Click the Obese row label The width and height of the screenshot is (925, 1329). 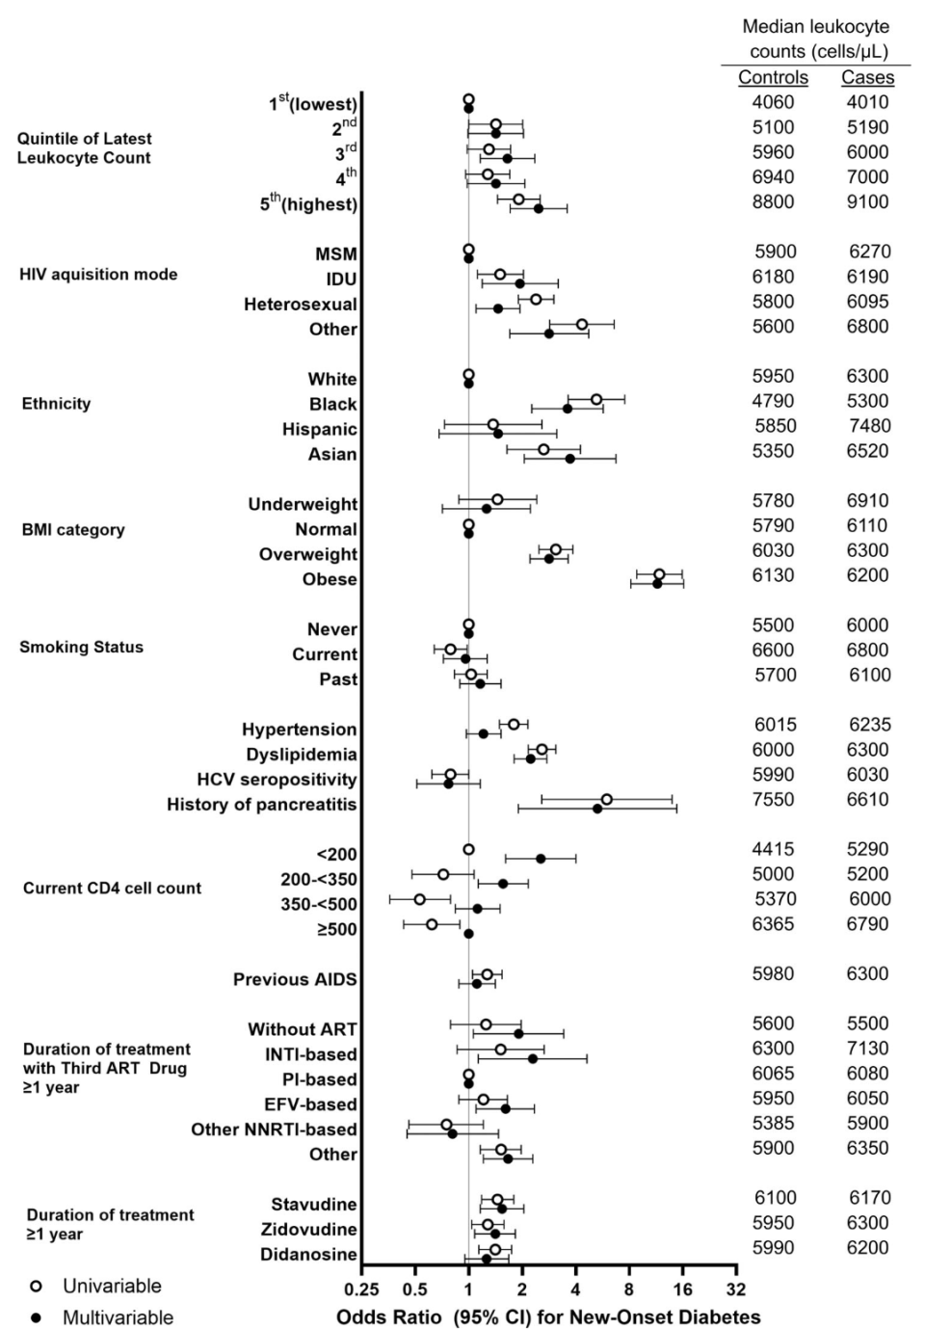click(x=330, y=579)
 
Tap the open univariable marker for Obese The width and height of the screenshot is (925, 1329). click(x=659, y=574)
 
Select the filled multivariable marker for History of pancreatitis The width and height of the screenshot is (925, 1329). click(x=597, y=809)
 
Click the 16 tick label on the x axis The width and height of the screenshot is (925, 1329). click(x=682, y=1290)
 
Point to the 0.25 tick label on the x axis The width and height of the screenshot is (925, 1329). click(x=362, y=1290)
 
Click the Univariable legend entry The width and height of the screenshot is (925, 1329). click(x=112, y=1286)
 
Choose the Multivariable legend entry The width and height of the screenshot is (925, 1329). click(x=118, y=1317)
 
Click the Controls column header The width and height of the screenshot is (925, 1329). click(x=773, y=78)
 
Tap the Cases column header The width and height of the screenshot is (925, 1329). click(x=867, y=78)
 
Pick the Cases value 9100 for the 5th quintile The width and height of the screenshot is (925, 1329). click(x=867, y=201)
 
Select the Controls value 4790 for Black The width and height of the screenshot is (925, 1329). click(x=773, y=401)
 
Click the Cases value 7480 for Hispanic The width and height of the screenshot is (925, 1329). click(x=867, y=426)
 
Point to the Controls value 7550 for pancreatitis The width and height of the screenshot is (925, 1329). click(x=773, y=799)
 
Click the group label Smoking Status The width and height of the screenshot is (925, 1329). click(x=81, y=647)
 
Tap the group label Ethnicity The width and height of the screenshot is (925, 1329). click(x=56, y=404)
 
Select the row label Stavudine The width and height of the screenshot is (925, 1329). click(x=313, y=1204)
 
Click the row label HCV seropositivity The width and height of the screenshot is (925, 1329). click(x=277, y=779)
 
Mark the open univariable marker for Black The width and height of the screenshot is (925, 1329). click(x=596, y=399)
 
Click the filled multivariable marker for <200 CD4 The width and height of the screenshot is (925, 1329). click(x=541, y=858)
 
